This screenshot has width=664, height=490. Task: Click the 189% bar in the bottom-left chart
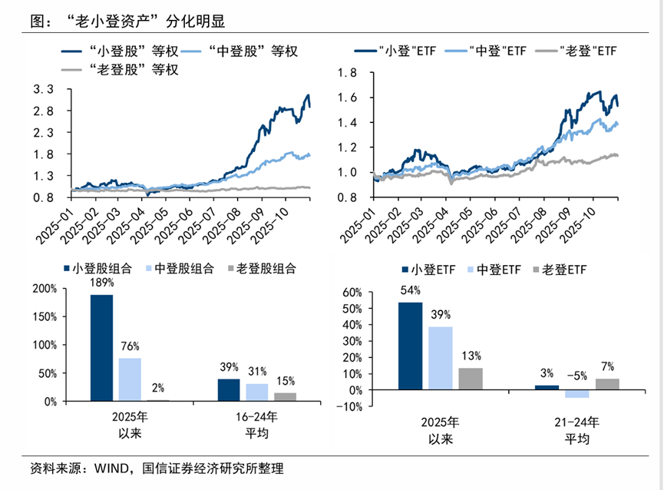[x=101, y=347]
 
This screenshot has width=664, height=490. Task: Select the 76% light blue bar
[x=130, y=379]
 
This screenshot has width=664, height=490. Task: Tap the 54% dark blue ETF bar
[x=410, y=346]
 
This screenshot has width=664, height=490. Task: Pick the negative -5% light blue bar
[x=577, y=393]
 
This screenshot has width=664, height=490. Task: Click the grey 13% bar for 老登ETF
[x=471, y=379]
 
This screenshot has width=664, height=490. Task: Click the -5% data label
[x=577, y=376]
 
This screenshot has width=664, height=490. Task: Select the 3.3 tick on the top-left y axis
[x=43, y=90]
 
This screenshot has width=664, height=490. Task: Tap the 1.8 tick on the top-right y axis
[x=347, y=73]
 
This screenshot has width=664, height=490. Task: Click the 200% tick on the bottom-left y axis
[x=43, y=289]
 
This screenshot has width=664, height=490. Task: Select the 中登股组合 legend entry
[x=181, y=269]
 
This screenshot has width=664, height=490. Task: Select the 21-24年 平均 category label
[x=577, y=431]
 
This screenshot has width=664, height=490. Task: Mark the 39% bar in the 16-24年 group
[x=229, y=389]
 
